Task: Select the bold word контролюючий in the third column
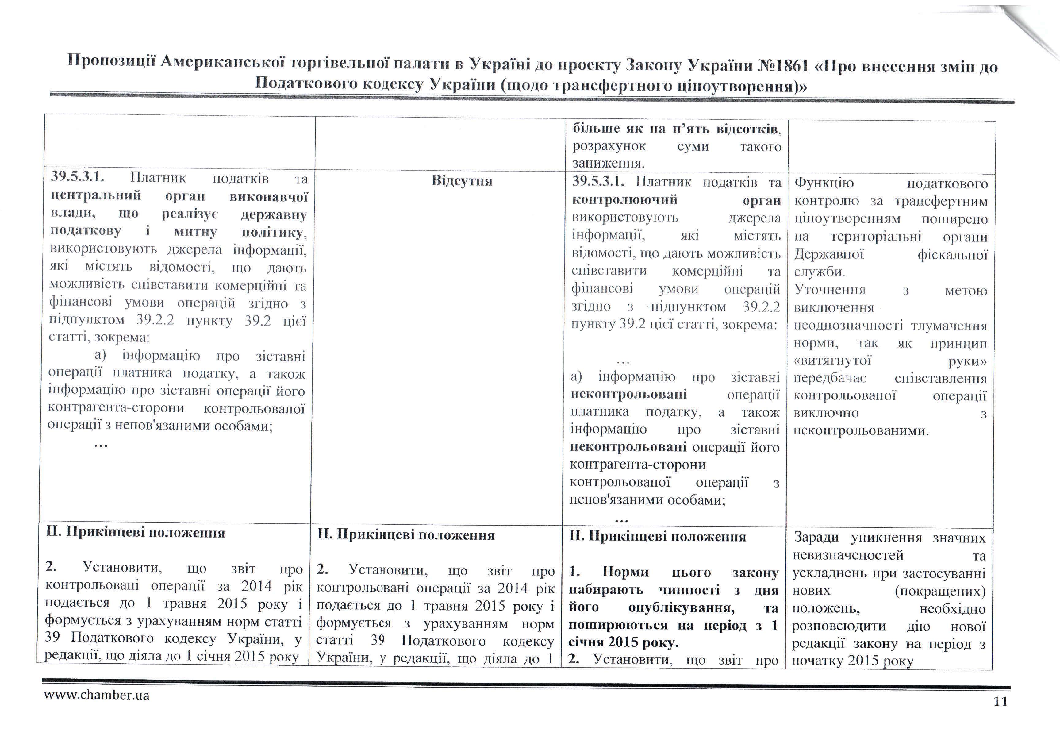624,200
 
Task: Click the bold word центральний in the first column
95,195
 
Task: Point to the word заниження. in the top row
609,164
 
